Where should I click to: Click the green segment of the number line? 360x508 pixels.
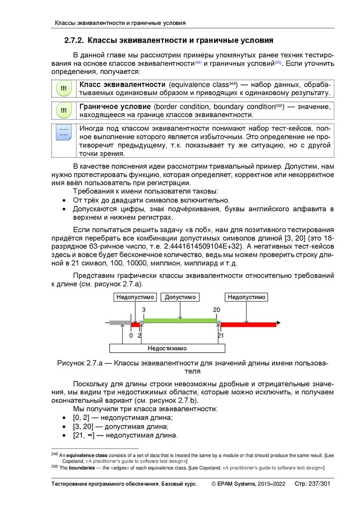click(x=180, y=321)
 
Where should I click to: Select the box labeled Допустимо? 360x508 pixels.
click(x=180, y=297)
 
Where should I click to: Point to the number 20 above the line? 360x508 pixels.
click(x=216, y=310)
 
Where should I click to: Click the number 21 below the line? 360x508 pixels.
click(x=221, y=335)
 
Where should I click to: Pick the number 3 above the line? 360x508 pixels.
click(x=144, y=310)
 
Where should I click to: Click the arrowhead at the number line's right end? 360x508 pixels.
click(x=274, y=324)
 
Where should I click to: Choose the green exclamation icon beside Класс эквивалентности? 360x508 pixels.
click(x=64, y=88)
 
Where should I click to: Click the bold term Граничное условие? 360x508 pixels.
click(x=115, y=107)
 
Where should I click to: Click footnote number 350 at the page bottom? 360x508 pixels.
click(x=55, y=467)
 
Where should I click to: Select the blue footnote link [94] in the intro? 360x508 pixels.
click(x=198, y=63)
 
